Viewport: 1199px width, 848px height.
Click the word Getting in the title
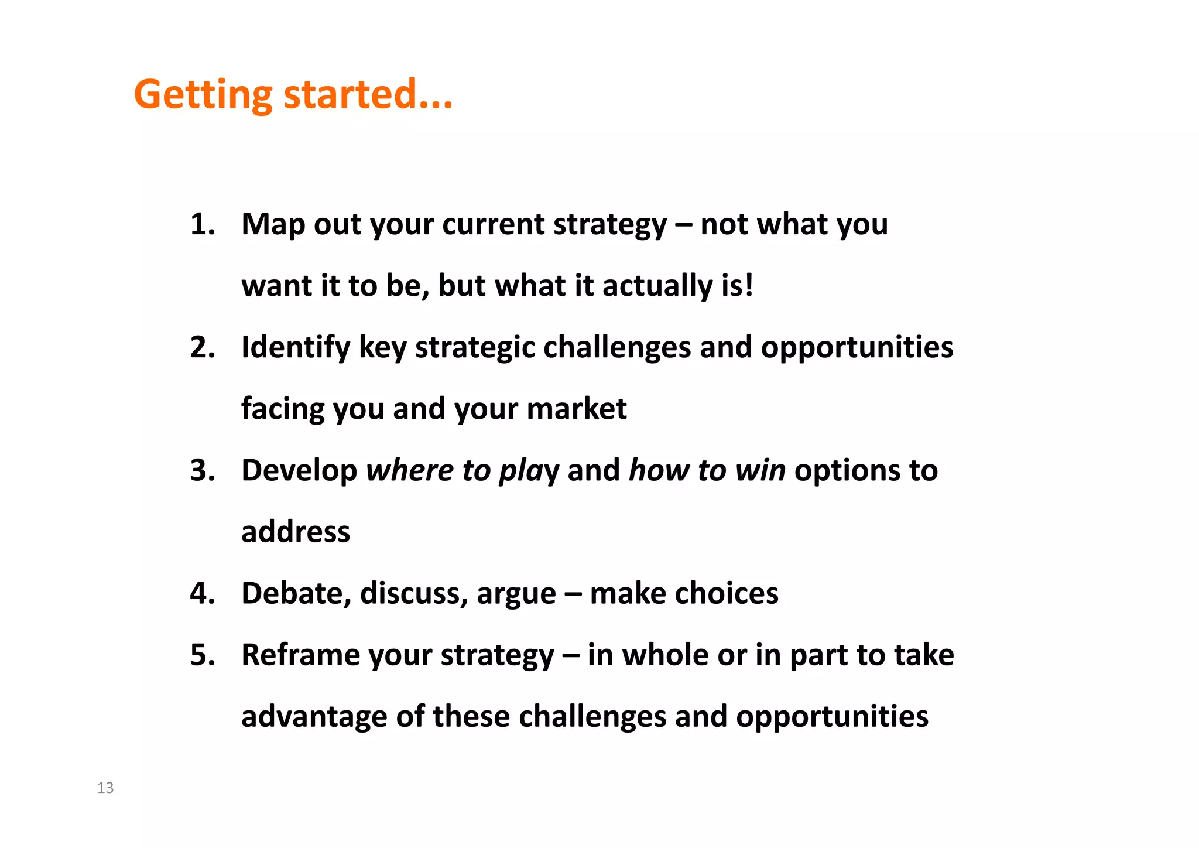point(203,95)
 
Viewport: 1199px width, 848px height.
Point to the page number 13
point(105,788)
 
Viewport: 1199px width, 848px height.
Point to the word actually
point(657,286)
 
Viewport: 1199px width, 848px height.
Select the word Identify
point(295,348)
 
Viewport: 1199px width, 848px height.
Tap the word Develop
point(299,471)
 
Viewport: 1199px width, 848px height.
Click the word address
point(296,532)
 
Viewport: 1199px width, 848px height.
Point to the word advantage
point(314,717)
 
